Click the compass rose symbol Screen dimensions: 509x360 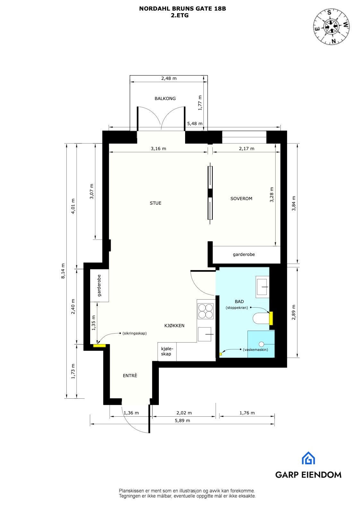331,27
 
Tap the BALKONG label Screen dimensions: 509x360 165,98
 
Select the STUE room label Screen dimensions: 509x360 155,203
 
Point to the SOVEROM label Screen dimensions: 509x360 241,199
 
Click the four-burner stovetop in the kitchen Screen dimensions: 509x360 205,310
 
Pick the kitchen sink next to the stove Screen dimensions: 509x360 205,334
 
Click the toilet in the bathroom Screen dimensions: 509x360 261,319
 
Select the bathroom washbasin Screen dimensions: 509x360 262,286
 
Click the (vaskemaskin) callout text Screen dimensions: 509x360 255,350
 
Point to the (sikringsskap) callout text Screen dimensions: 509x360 134,333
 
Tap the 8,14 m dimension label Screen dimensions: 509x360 63,271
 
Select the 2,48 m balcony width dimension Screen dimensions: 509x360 169,78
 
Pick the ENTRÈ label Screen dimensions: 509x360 130,376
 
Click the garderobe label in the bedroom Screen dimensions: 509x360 244,254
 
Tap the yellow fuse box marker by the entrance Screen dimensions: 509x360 99,345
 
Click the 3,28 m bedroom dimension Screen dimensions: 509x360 272,194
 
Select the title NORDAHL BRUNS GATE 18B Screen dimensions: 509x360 182,9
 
